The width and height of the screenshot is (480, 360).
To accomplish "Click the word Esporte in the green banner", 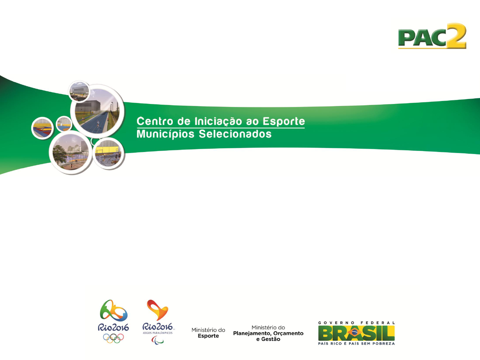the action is click(x=284, y=122).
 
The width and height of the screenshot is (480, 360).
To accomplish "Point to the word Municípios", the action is click(x=165, y=134).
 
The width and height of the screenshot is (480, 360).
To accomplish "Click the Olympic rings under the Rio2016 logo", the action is click(x=113, y=338).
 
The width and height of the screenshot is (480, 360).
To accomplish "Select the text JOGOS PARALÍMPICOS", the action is click(x=158, y=333).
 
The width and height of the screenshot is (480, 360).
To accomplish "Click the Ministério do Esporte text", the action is click(x=208, y=333).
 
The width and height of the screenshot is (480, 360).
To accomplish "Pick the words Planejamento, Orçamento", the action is click(x=268, y=334).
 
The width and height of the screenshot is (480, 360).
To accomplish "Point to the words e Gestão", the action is click(x=268, y=339).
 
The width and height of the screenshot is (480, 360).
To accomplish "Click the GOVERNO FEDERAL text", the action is click(x=356, y=323).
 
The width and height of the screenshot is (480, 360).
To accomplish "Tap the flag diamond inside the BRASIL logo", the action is click(x=354, y=333).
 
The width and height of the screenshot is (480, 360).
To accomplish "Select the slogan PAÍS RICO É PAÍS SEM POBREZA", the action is click(x=356, y=344).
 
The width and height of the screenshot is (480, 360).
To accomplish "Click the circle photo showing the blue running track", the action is click(x=97, y=111).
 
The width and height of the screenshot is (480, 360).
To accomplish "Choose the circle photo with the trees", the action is click(x=70, y=152).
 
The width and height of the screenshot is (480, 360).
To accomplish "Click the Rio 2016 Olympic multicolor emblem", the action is click(x=113, y=311).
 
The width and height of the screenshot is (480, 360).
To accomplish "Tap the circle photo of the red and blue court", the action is click(x=42, y=128).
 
